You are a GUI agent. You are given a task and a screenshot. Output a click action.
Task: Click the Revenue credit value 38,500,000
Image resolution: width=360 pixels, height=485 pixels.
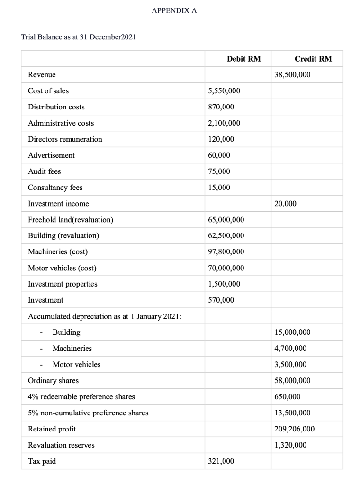pyautogui.click(x=292, y=75)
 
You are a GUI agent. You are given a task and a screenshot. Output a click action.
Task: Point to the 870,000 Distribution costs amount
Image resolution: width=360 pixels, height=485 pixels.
pyautogui.click(x=221, y=107)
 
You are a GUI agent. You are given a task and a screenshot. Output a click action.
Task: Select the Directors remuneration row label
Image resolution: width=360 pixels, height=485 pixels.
pyautogui.click(x=65, y=139)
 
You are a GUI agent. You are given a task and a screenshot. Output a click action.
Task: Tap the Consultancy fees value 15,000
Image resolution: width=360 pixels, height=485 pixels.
pyautogui.click(x=219, y=188)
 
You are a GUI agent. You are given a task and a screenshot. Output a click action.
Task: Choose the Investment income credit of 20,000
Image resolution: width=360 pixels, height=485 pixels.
pyautogui.click(x=285, y=204)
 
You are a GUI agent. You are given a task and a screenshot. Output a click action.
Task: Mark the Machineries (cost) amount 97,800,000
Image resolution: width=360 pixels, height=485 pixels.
pyautogui.click(x=226, y=252)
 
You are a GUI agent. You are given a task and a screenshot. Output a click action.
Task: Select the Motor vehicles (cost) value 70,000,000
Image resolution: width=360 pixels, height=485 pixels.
pyautogui.click(x=226, y=268)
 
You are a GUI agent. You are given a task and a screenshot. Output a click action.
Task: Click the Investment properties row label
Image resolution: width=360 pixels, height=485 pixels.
pyautogui.click(x=63, y=284)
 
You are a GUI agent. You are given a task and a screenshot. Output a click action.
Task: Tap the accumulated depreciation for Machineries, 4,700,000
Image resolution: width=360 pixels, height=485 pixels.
pyautogui.click(x=290, y=349)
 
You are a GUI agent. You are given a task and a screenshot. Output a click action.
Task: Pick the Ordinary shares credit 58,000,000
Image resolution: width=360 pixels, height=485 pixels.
pyautogui.click(x=292, y=381)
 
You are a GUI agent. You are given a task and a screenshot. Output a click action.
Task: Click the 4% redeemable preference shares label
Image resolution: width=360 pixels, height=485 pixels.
pyautogui.click(x=81, y=397)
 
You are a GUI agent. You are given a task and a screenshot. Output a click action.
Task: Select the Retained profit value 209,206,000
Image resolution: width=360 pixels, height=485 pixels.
pyautogui.click(x=294, y=429)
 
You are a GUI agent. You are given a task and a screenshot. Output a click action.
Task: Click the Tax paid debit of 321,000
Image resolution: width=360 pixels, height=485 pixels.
pyautogui.click(x=221, y=461)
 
